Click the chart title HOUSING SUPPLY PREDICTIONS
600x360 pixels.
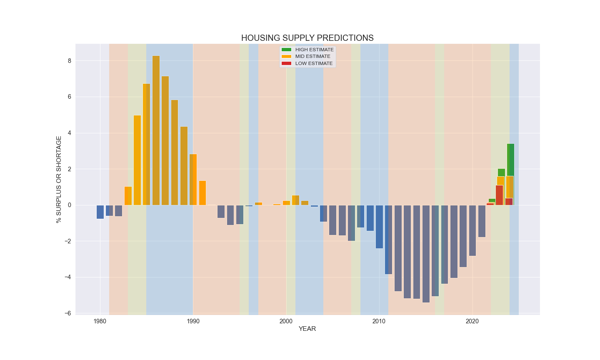coord(307,38)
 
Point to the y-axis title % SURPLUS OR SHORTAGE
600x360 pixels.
coord(59,179)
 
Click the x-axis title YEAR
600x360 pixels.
coord(307,329)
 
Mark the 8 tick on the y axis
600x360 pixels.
coord(69,61)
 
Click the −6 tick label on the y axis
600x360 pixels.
coord(68,313)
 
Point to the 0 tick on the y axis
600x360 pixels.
coord(69,205)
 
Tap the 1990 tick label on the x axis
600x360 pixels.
coord(193,321)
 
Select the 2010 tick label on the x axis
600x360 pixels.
coord(379,321)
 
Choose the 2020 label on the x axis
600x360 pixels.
coord(472,321)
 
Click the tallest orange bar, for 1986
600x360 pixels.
coord(156,130)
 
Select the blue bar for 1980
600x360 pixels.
coord(100,212)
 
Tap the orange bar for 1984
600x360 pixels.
coord(137,160)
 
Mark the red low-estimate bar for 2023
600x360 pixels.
coord(499,195)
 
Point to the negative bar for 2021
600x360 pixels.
coord(482,221)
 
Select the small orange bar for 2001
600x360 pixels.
coord(295,200)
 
